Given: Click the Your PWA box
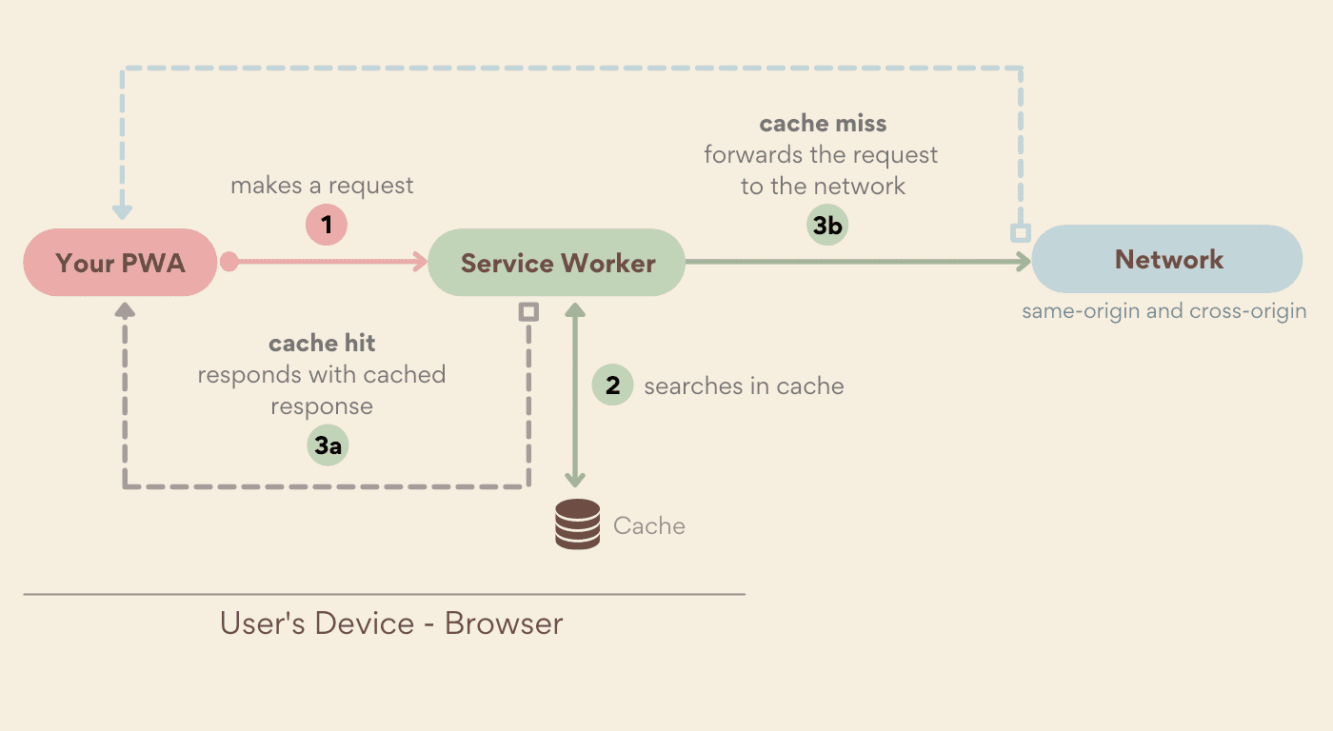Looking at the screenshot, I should [x=120, y=263].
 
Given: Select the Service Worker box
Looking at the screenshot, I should [x=557, y=263].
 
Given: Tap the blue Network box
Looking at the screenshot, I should [x=1167, y=259].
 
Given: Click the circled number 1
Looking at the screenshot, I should [x=327, y=226].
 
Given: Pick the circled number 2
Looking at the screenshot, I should [x=612, y=385].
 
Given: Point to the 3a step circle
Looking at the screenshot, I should [x=328, y=445].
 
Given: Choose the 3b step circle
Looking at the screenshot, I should [x=826, y=226].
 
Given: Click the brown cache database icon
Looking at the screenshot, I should [x=577, y=524].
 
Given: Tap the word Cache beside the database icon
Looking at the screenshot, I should [x=648, y=526].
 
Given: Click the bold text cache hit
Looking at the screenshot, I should [x=322, y=343].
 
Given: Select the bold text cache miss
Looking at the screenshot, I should [x=823, y=124].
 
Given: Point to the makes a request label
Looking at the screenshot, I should [x=322, y=185].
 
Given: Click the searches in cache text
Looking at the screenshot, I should [x=744, y=385].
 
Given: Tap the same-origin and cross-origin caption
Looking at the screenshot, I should [x=1164, y=311].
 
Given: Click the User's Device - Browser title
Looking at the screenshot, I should [x=391, y=623].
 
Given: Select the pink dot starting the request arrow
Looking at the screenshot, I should [x=229, y=262].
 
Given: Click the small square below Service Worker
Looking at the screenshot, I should [x=528, y=311].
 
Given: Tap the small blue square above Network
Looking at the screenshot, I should [x=1020, y=233].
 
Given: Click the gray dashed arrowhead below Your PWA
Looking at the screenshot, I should [x=124, y=310].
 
